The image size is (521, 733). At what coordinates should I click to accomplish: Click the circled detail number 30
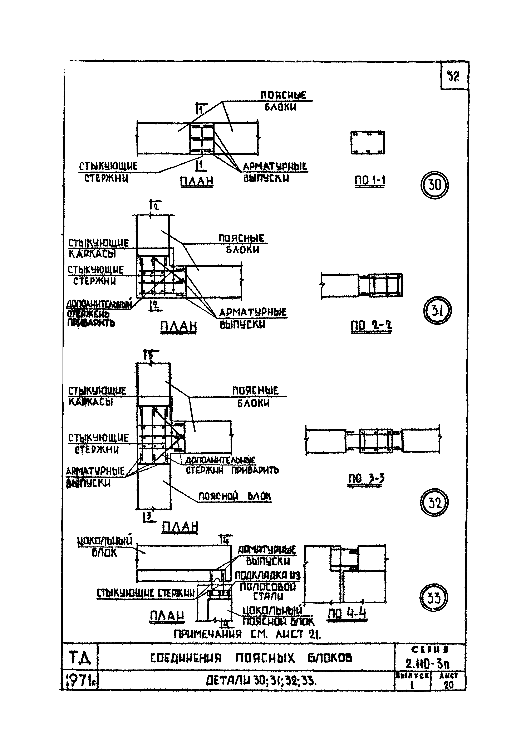click(x=434, y=185)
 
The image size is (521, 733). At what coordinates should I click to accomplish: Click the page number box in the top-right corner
click(x=454, y=76)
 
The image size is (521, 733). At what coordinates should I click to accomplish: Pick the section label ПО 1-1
click(x=370, y=181)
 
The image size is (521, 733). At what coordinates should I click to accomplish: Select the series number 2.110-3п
click(x=427, y=663)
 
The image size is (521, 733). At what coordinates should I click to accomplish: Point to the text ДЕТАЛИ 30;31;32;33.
click(x=261, y=681)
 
